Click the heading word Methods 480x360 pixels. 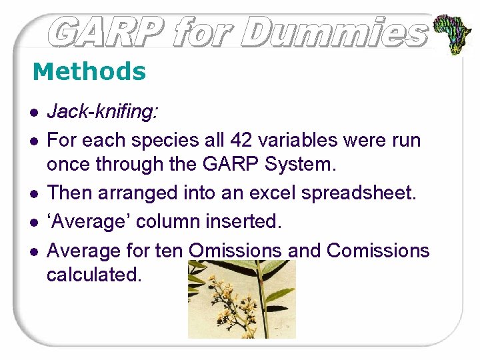coord(89,71)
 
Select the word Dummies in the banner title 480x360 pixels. coord(333,32)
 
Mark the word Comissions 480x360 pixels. coord(378,251)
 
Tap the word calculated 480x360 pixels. coord(94,274)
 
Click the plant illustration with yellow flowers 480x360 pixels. coord(241,299)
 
